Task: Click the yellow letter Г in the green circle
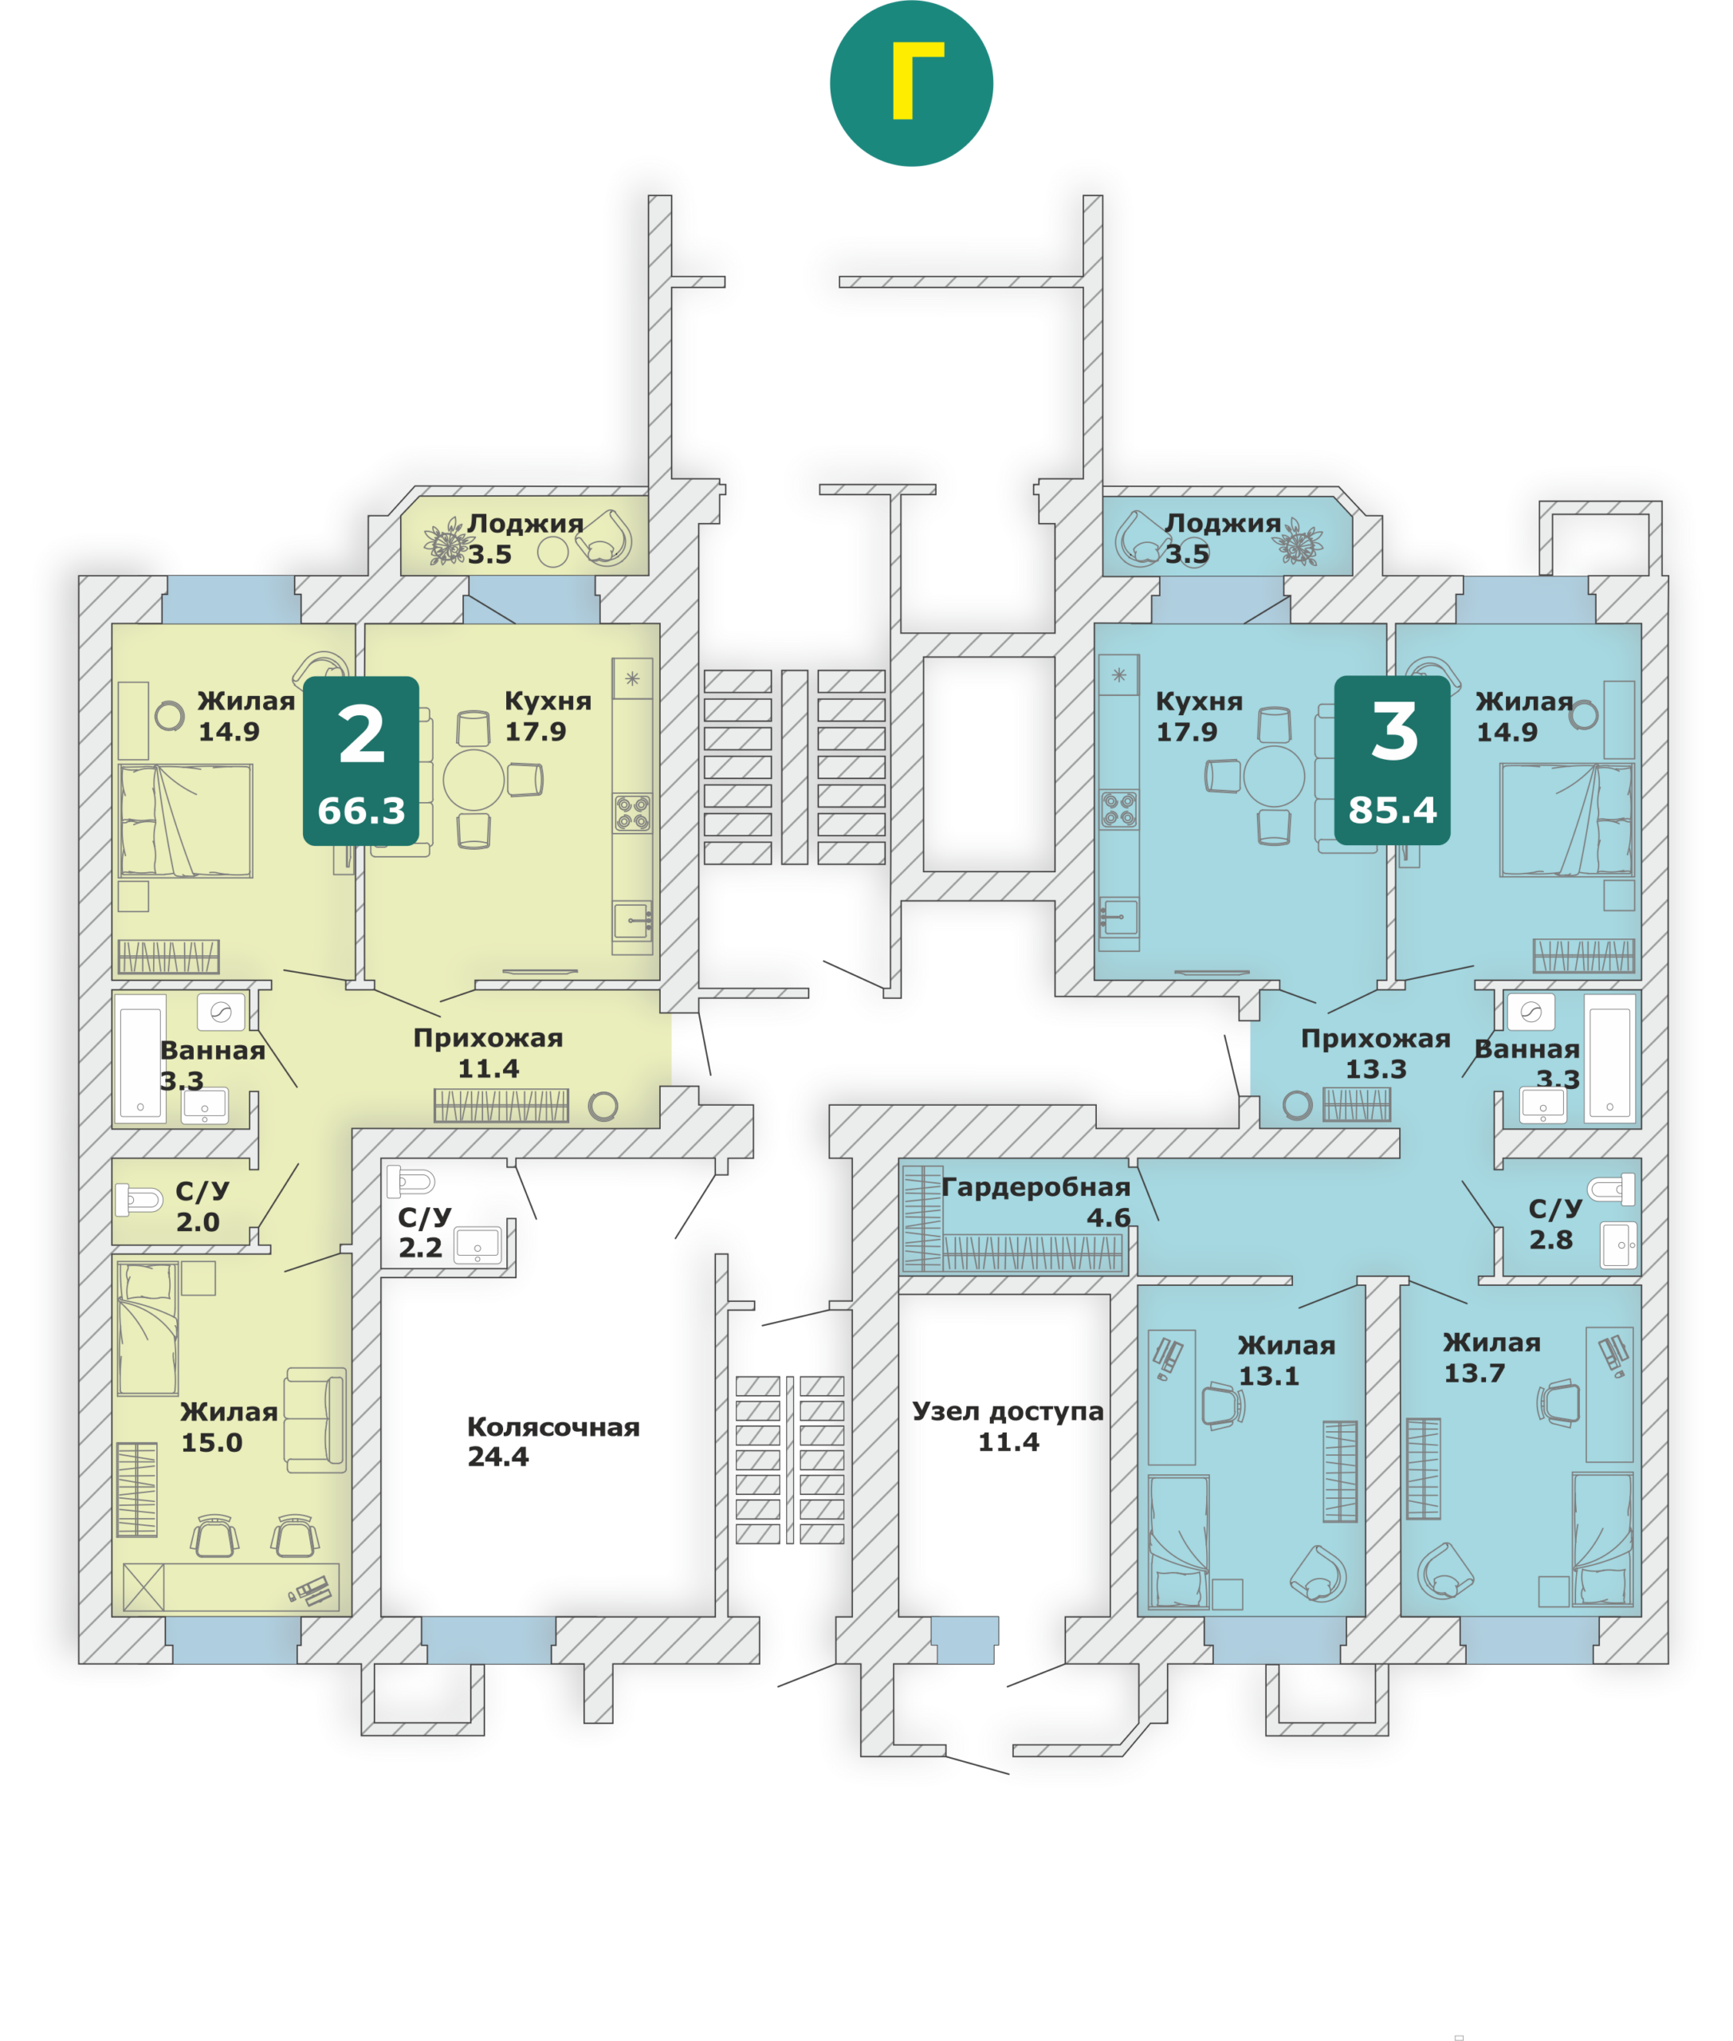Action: click(x=917, y=81)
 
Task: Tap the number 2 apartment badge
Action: click(x=360, y=760)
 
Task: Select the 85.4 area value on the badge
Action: click(x=1392, y=810)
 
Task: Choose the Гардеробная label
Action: click(x=1036, y=1187)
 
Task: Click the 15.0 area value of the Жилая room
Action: click(x=211, y=1442)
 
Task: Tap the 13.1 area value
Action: click(x=1268, y=1376)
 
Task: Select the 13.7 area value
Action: click(x=1474, y=1373)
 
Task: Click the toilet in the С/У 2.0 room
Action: click(x=139, y=1200)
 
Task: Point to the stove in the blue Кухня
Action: click(x=1119, y=811)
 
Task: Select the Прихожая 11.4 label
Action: click(x=489, y=1052)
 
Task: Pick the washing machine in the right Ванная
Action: click(x=1531, y=1011)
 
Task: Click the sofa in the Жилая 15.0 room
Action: click(x=316, y=1420)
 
